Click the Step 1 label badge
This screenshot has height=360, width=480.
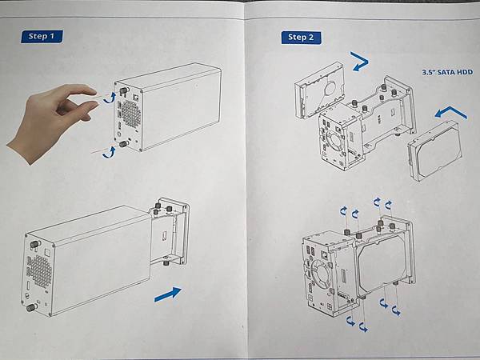tap(42, 37)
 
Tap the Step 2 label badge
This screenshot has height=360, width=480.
tap(302, 38)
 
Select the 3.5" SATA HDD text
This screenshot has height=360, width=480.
tap(447, 73)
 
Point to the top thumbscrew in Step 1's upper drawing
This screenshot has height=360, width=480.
tap(125, 90)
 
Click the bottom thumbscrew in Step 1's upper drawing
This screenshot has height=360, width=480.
tap(124, 144)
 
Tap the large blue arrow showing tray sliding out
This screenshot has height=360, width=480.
tap(168, 294)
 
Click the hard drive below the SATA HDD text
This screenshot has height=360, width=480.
tap(435, 150)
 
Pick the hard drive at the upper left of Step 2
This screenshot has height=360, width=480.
tap(320, 90)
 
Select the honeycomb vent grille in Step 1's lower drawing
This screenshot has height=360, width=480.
tap(39, 270)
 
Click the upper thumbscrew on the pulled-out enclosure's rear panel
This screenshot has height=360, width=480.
tap(34, 244)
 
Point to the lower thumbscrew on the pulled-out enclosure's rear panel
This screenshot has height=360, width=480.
tap(31, 307)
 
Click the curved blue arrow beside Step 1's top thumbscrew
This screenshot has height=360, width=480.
tap(110, 98)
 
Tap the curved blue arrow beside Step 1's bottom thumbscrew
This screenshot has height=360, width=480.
tap(109, 153)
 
